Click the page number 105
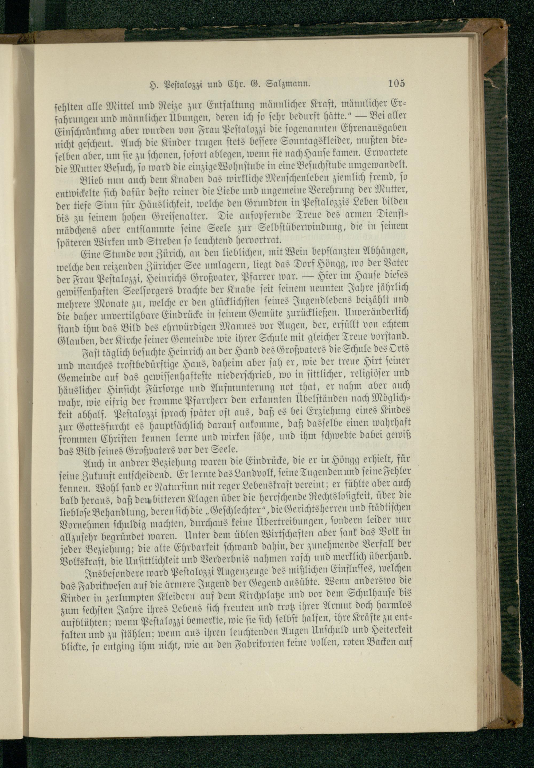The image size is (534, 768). tap(396, 83)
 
